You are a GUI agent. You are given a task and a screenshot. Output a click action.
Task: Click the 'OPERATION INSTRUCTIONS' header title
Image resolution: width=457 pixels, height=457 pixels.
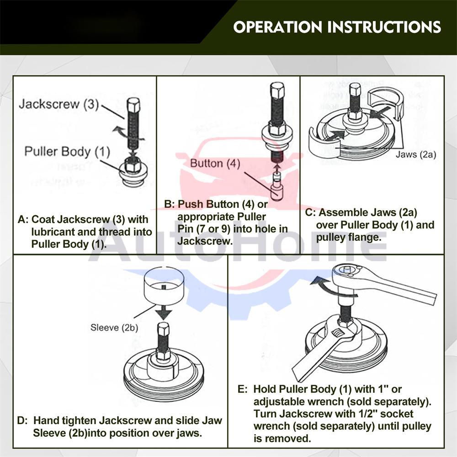coord(337,27)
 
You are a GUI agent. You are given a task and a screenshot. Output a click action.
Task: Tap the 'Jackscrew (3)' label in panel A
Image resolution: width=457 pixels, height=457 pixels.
coord(58,104)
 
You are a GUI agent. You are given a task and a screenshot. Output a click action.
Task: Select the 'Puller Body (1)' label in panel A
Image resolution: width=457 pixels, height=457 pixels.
coord(67,151)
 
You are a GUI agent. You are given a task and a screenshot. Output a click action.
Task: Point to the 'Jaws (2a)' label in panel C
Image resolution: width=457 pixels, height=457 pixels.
coord(416,154)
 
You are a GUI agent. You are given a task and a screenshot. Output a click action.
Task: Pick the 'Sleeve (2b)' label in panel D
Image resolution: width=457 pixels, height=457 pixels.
coord(114,327)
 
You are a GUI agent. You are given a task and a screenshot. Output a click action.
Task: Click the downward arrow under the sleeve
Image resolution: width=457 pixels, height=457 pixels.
coord(163,313)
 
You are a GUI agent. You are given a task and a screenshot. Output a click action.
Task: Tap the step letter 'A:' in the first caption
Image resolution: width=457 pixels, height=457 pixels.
coord(23,220)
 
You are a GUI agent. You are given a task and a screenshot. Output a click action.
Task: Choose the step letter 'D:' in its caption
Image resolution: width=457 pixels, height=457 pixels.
coord(22,420)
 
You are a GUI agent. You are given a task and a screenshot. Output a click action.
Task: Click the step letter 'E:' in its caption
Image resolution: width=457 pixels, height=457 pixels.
coord(243,389)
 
